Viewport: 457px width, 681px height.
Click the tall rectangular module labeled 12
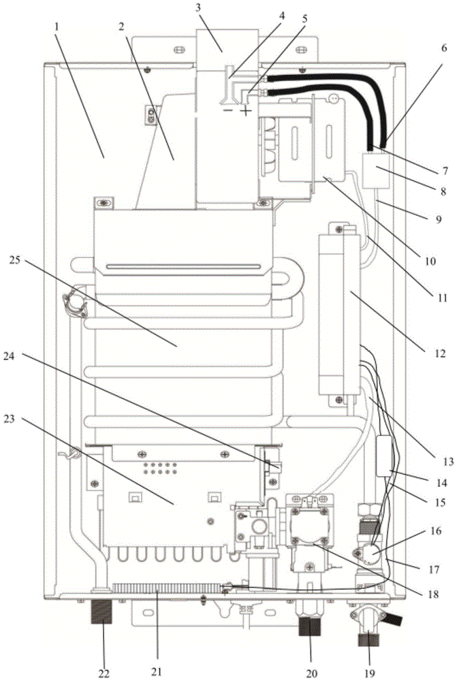click(x=339, y=313)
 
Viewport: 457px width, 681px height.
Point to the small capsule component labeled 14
click(x=385, y=454)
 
